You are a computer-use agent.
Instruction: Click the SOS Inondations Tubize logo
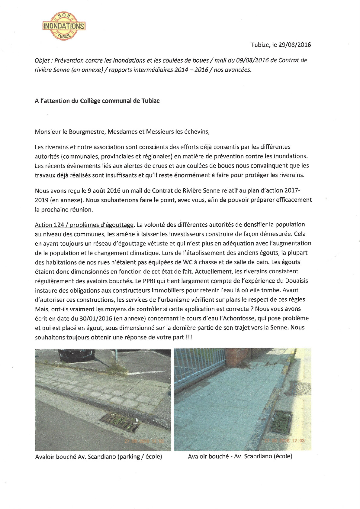tap(64, 26)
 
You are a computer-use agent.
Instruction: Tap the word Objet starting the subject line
tap(42, 60)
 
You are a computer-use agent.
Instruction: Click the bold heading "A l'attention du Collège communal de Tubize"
tap(97, 101)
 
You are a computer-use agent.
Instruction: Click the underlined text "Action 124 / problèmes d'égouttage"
tap(84, 225)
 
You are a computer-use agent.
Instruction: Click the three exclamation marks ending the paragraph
tap(189, 337)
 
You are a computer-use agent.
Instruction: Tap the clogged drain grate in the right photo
tap(281, 422)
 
